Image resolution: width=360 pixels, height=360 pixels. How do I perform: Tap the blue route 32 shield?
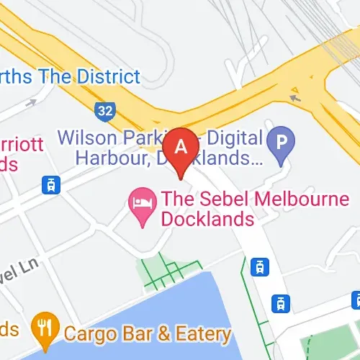point(104,110)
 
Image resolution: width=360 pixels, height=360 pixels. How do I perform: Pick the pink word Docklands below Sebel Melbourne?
point(207,218)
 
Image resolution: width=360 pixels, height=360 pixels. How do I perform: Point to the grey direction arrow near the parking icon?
point(294,96)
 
